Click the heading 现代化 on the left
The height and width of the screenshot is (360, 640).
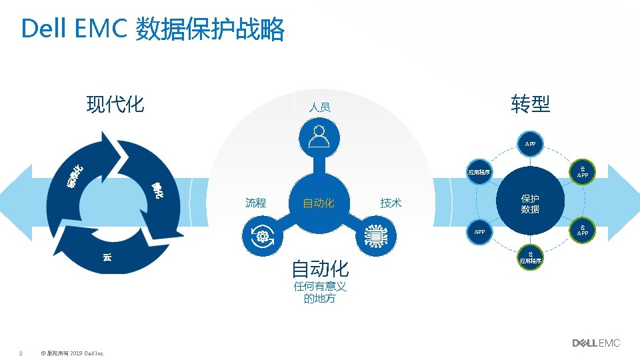[x=115, y=104]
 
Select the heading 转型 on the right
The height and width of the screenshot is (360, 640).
[x=531, y=104]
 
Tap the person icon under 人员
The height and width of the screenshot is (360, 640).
[x=319, y=136]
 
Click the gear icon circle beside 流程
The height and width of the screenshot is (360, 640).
[x=261, y=236]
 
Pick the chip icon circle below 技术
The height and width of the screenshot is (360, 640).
[x=377, y=236]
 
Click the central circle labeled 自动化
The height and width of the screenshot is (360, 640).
[x=319, y=203]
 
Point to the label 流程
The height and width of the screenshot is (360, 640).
[x=255, y=203]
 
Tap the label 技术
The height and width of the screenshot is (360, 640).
[x=391, y=203]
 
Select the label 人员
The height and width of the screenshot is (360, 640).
[x=319, y=107]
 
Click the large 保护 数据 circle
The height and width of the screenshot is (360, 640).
[x=531, y=204]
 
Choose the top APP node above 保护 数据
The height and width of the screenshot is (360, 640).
[x=530, y=143]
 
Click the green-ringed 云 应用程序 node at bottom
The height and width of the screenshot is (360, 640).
[x=531, y=257]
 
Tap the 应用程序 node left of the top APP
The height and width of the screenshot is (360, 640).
[x=479, y=173]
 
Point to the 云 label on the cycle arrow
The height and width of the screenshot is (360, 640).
[x=107, y=257]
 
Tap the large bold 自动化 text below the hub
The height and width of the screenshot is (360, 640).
[x=320, y=269]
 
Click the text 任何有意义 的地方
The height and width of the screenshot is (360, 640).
[x=320, y=293]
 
